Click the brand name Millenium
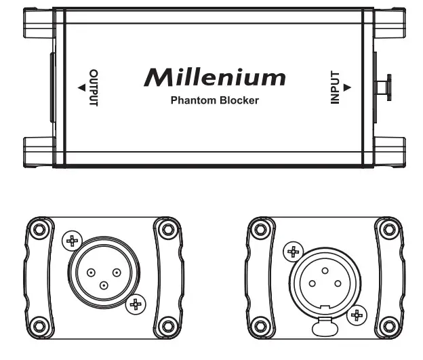(x=214, y=77)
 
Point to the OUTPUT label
(x=94, y=87)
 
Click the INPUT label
(x=334, y=87)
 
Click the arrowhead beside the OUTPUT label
(x=81, y=87)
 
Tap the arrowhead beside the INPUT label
(x=346, y=87)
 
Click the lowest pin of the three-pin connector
(x=102, y=285)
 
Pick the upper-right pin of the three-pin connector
(x=117, y=273)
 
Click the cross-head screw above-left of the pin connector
(x=70, y=239)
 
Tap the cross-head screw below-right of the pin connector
(x=136, y=304)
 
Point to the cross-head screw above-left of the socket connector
(x=293, y=252)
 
